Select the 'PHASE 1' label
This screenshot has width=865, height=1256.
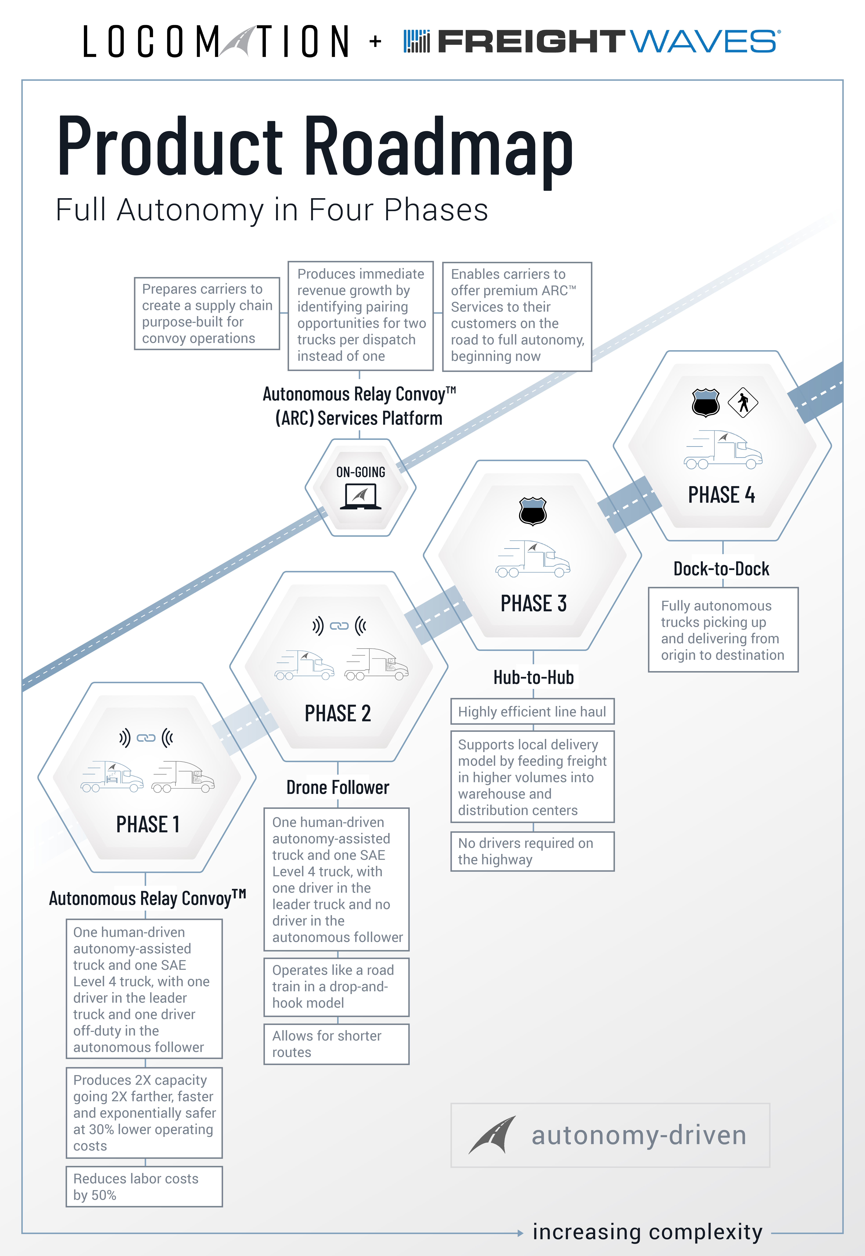147,824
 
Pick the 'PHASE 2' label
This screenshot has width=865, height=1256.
338,713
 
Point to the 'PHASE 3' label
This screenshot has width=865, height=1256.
533,603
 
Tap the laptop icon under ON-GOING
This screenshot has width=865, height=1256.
360,496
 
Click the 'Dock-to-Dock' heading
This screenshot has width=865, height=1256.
721,568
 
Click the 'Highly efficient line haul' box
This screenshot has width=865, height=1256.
532,711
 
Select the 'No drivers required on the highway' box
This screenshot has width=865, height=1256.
532,851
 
